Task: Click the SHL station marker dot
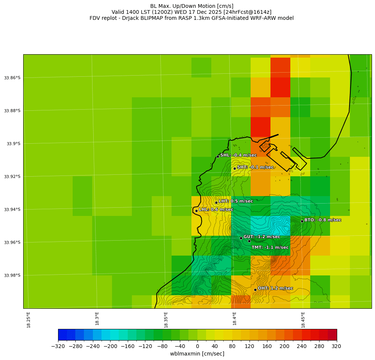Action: (218, 156)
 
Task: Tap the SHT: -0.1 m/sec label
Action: (255, 167)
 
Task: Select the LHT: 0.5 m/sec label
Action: (236, 201)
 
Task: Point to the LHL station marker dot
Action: (196, 211)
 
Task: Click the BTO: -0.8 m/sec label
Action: (323, 220)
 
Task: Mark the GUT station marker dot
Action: (241, 238)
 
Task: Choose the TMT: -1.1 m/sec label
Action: (270, 247)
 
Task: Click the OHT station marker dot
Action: (255, 290)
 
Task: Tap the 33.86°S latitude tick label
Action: (12, 78)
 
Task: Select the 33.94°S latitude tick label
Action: (12, 210)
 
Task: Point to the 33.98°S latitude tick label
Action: (12, 275)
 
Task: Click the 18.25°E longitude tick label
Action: (29, 320)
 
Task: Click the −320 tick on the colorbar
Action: (58, 346)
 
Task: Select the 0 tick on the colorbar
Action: (197, 346)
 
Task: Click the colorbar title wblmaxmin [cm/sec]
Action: (197, 354)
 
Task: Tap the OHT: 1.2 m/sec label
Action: (275, 288)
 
